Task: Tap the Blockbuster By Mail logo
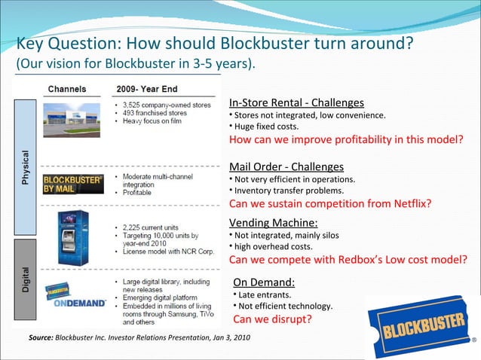pos(71,185)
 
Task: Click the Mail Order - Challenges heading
pos(286,166)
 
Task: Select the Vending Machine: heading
pos(273,222)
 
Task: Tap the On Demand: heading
pos(263,282)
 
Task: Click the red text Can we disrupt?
pos(271,319)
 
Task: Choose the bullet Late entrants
pos(264,294)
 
